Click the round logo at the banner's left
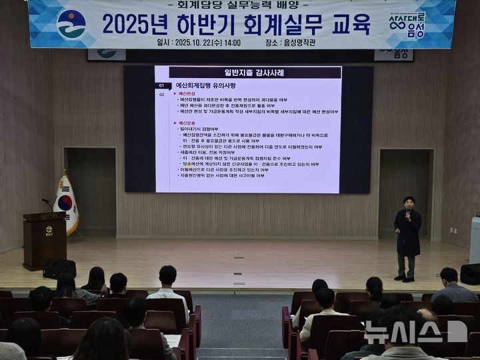(71, 24)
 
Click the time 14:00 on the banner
(232, 42)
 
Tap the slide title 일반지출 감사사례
(255, 72)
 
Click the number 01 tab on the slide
(161, 86)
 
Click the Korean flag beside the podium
(66, 203)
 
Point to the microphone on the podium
(47, 202)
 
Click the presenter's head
(409, 202)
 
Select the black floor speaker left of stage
(59, 268)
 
